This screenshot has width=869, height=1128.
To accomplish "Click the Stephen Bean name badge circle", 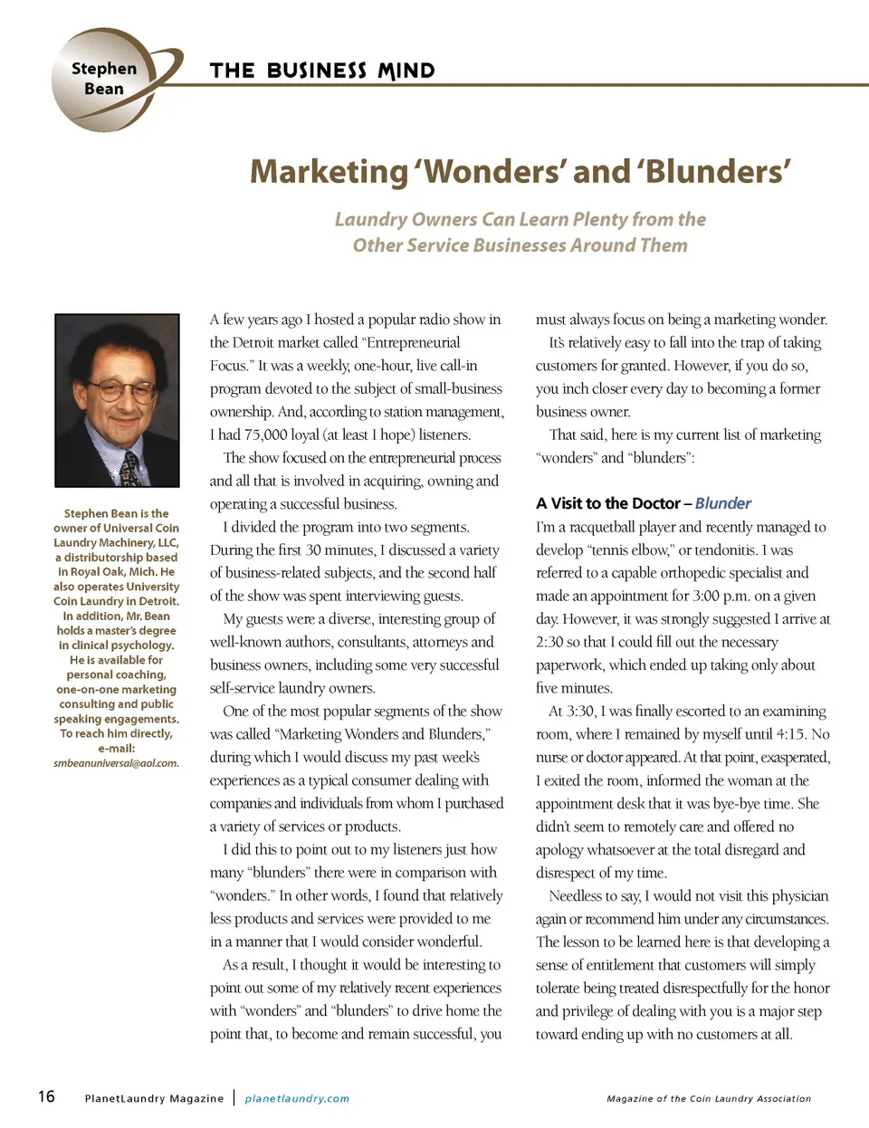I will pos(104,79).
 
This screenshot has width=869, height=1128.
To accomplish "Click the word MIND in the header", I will pos(406,71).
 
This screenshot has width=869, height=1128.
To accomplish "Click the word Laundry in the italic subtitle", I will pos(370,219).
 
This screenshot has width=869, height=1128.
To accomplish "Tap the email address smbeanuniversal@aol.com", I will pos(116,763).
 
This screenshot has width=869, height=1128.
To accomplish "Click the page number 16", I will pos(46,1096).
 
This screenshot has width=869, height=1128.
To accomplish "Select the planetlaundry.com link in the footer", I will pos(297,1098).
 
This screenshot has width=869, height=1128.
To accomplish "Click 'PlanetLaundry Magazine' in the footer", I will pos(154,1098).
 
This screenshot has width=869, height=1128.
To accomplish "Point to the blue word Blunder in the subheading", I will pos(722,503).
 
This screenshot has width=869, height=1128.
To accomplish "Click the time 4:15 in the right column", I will pos(784,734).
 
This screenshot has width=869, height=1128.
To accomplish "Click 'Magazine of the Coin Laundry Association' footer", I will pos(709,1098).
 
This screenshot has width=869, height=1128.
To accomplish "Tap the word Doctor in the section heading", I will pos(646,503).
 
